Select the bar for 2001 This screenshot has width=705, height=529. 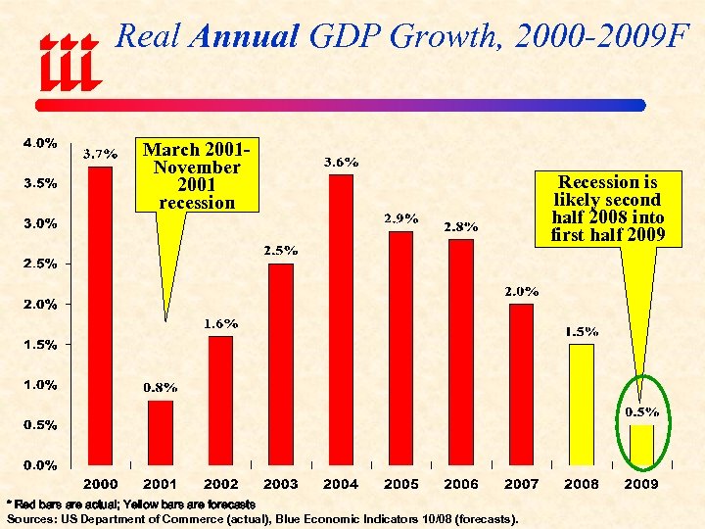pyautogui.click(x=161, y=432)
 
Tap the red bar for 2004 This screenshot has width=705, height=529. pyautogui.click(x=341, y=319)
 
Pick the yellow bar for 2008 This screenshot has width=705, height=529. pyautogui.click(x=582, y=404)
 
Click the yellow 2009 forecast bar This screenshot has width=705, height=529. pyautogui.click(x=641, y=445)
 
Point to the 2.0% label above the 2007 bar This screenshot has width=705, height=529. pyautogui.click(x=521, y=292)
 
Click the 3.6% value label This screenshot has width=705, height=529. pyautogui.click(x=341, y=163)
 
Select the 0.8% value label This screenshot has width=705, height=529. pyautogui.click(x=161, y=388)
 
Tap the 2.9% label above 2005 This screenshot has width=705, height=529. pyautogui.click(x=400, y=218)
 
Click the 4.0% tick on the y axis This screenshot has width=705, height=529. pyautogui.click(x=39, y=143)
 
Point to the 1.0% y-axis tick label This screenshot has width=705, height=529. pyautogui.click(x=39, y=385)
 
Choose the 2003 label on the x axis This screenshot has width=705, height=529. pyautogui.click(x=281, y=484)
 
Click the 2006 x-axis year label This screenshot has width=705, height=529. pyautogui.click(x=461, y=484)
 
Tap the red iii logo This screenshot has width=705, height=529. pyautogui.click(x=69, y=63)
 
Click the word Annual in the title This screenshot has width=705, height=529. pyautogui.click(x=245, y=37)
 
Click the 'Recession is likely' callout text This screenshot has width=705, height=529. pyautogui.click(x=607, y=209)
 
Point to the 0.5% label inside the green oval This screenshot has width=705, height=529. pyautogui.click(x=642, y=412)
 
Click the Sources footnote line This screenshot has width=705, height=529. pyautogui.click(x=262, y=518)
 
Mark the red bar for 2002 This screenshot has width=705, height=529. pyautogui.click(x=220, y=400)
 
